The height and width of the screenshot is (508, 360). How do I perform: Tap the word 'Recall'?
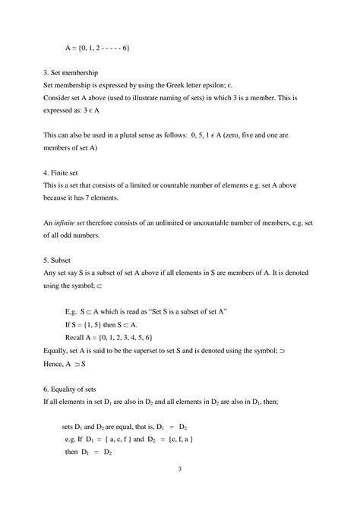point(78,339)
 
